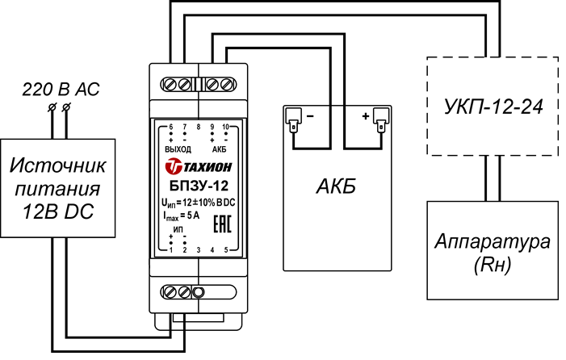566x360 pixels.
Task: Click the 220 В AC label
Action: [61, 90]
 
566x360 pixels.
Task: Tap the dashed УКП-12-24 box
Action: [492, 106]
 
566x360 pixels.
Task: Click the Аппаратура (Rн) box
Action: [493, 252]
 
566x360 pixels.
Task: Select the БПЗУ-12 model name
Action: [198, 185]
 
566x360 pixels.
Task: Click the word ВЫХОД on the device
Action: [177, 150]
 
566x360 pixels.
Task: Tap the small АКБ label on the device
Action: [219, 150]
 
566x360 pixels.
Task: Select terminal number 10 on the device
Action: [226, 128]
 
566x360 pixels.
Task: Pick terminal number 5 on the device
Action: [226, 250]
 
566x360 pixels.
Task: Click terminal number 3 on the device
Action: [199, 250]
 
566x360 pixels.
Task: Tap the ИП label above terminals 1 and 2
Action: [178, 229]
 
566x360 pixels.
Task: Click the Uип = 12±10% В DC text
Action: [198, 202]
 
